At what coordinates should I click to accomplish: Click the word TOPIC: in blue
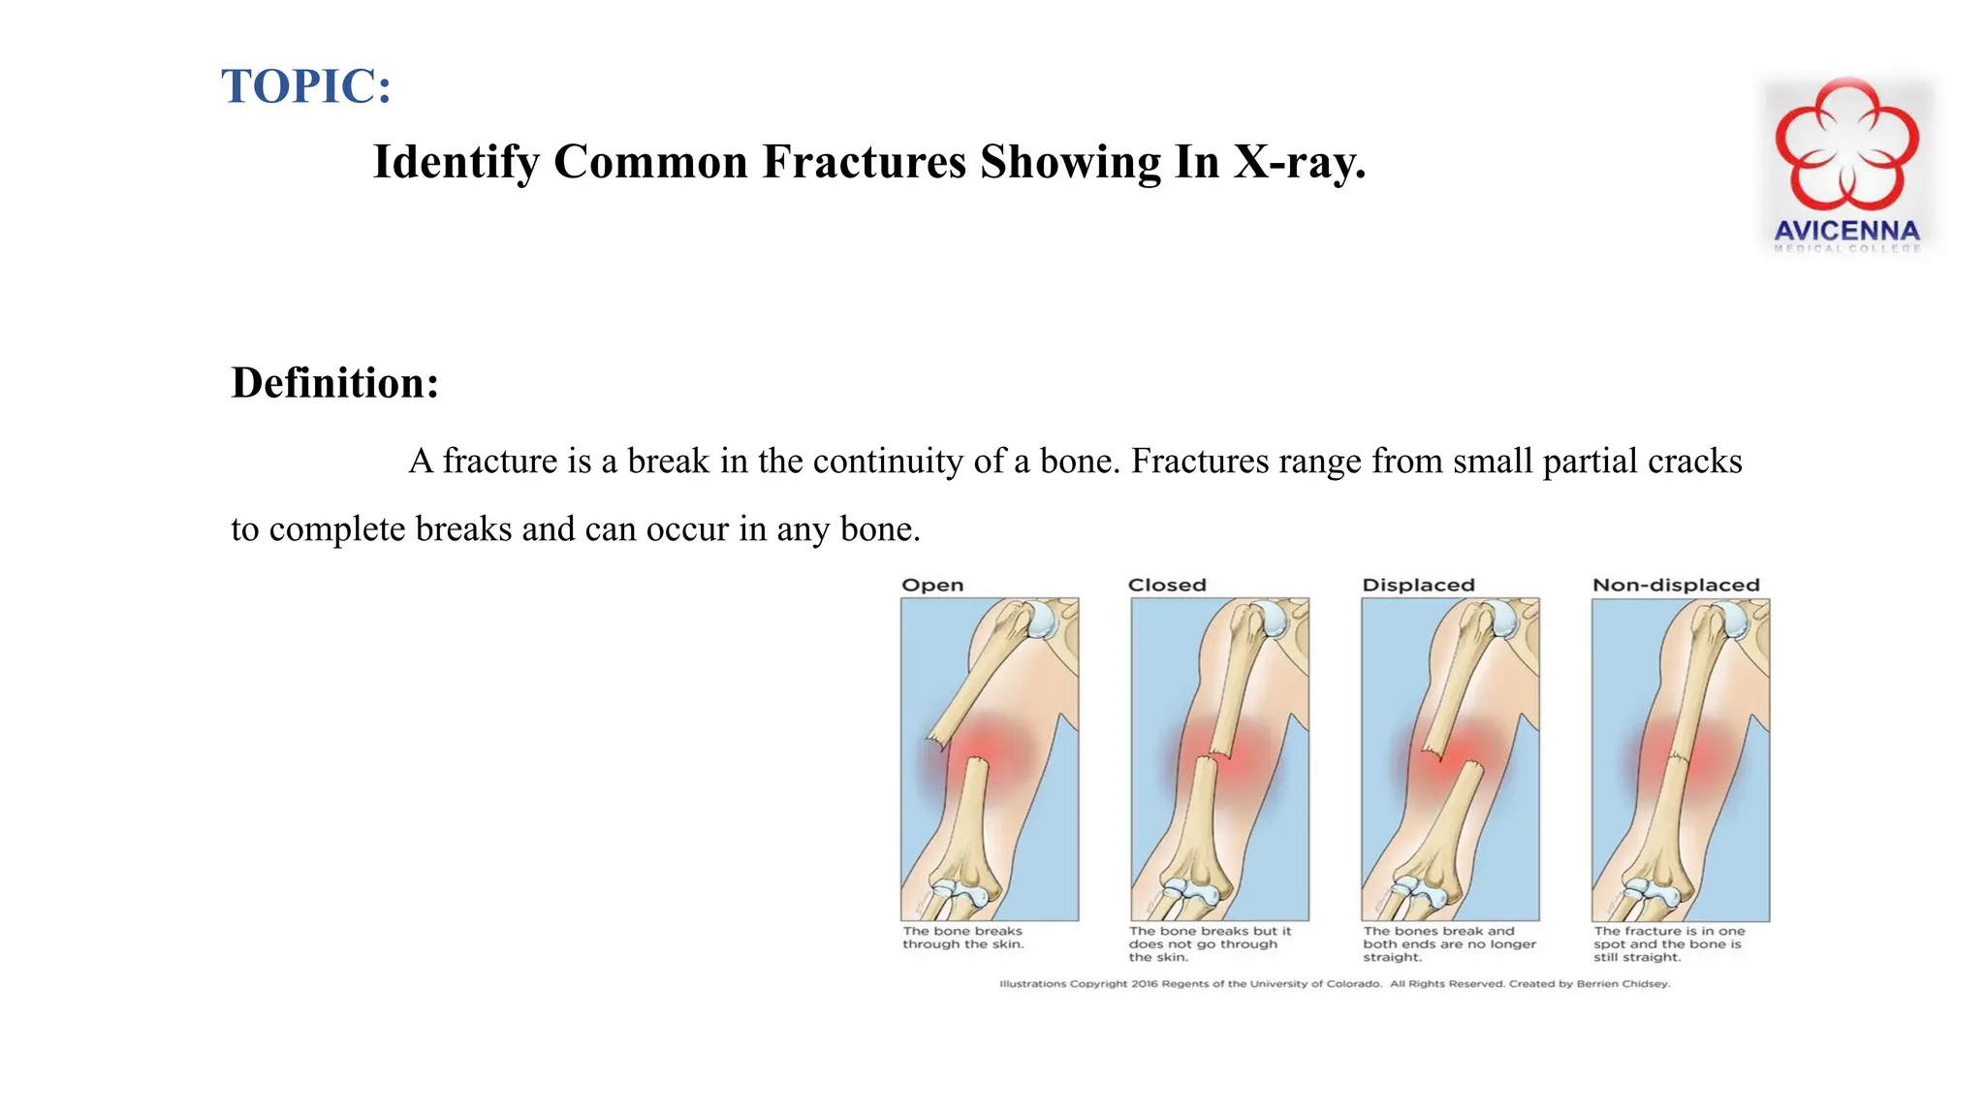tap(306, 86)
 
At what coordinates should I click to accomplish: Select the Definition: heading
tap(334, 383)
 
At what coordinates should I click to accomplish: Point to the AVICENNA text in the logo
tap(1846, 231)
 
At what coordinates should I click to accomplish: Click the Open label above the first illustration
tap(932, 585)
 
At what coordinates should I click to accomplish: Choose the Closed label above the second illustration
tap(1167, 585)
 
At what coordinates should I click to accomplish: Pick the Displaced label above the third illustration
tap(1418, 585)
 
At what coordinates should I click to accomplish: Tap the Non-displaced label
tap(1676, 585)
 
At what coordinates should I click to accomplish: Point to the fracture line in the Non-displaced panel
tap(1678, 757)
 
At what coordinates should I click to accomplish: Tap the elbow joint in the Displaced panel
tap(1420, 889)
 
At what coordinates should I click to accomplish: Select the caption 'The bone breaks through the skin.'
tap(962, 938)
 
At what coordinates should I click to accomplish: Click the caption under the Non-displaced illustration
tap(1668, 943)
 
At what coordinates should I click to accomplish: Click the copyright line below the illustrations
tap(1335, 983)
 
